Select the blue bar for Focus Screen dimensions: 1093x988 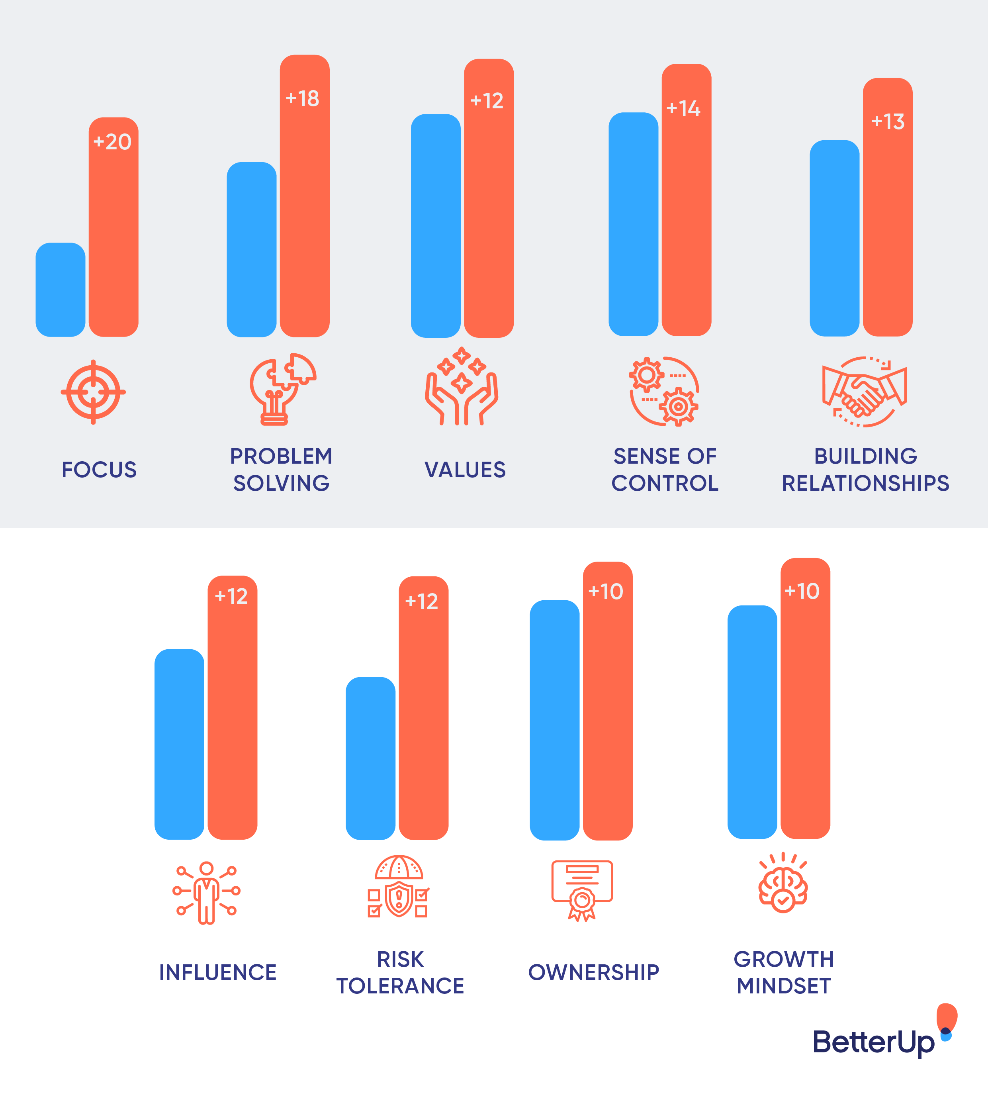60,290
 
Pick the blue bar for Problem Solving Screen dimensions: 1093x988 251,249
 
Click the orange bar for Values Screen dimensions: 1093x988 488,217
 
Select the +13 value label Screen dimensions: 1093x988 888,121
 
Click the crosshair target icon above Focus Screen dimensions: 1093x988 93,392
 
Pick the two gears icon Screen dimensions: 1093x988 664,392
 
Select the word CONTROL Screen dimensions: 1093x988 665,483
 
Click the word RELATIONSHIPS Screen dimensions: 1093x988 865,483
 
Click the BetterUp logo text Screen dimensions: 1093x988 873,1042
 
